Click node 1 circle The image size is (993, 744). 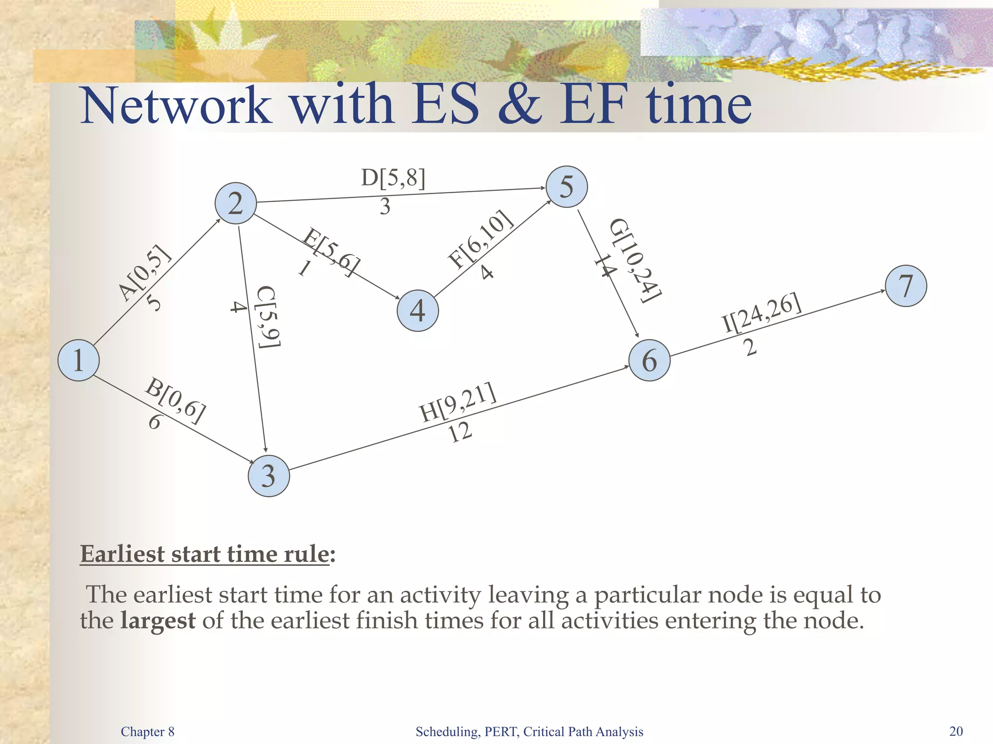(79, 360)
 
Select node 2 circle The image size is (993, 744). (236, 203)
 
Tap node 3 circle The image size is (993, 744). (269, 476)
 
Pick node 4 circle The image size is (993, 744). (417, 310)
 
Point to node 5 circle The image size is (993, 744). (566, 187)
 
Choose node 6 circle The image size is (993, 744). (649, 360)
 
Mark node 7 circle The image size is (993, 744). (906, 286)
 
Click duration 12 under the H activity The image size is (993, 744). (460, 432)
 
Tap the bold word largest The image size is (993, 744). (158, 620)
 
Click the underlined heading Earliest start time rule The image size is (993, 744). (205, 554)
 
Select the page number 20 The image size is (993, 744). (956, 731)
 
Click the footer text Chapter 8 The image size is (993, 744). (147, 731)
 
